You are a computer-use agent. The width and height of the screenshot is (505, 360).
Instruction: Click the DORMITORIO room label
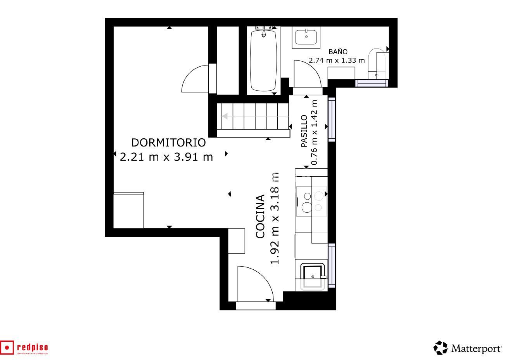tap(168, 143)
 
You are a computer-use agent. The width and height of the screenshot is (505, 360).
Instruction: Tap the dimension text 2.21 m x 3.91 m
tap(167, 157)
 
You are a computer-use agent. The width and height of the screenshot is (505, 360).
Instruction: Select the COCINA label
tap(260, 216)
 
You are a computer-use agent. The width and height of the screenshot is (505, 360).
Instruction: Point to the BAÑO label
tap(338, 52)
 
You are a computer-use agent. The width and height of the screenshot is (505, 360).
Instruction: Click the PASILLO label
tap(304, 131)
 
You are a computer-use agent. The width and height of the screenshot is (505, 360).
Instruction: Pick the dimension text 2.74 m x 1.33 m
tap(337, 60)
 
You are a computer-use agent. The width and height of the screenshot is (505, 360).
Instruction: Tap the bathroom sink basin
tap(306, 37)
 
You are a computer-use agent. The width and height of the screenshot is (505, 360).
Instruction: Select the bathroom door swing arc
tap(308, 74)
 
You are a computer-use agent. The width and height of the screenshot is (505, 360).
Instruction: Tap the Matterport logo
tap(468, 348)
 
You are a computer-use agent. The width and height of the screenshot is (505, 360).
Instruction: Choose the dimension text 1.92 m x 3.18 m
tap(275, 219)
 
